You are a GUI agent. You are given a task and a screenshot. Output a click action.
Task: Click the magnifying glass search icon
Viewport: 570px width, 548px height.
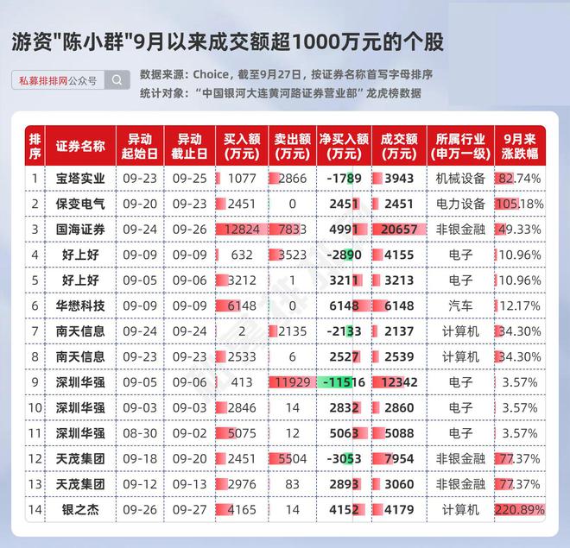(117, 80)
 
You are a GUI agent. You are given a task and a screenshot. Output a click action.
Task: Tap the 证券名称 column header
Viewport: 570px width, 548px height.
(80, 146)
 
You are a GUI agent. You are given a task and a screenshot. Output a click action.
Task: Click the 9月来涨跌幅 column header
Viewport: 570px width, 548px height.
(520, 146)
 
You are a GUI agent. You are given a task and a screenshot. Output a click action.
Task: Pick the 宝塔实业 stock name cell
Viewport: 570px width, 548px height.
(80, 179)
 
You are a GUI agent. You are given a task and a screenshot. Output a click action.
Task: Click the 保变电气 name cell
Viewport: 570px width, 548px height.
(80, 204)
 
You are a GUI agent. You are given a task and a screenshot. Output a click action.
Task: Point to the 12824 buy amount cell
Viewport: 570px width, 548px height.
(242, 230)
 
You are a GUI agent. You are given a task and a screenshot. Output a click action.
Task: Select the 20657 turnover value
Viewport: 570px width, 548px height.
(399, 230)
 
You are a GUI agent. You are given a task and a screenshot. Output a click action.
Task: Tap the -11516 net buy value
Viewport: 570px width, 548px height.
(344, 382)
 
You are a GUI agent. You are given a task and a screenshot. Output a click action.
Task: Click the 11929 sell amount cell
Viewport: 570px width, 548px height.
(293, 382)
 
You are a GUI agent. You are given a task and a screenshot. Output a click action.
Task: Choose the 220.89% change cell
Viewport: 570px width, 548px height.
(520, 510)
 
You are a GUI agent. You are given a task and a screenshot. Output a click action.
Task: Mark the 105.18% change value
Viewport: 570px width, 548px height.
(520, 204)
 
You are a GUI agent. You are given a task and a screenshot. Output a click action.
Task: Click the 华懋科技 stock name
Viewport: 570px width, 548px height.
(80, 305)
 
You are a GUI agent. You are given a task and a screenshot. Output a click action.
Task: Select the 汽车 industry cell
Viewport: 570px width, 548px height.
(460, 305)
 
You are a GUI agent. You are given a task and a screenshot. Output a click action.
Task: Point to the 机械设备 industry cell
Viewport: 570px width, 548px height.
(460, 179)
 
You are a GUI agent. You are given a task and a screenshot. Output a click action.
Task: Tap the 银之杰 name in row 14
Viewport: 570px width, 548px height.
(80, 510)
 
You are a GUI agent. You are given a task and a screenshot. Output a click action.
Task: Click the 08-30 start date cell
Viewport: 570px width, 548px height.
(140, 433)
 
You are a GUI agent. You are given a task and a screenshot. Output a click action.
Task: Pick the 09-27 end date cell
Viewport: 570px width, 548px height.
(189, 510)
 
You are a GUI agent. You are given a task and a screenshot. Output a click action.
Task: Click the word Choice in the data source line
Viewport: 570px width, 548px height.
(211, 74)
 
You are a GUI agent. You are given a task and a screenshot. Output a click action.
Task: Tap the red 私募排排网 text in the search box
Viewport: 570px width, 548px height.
(43, 80)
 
